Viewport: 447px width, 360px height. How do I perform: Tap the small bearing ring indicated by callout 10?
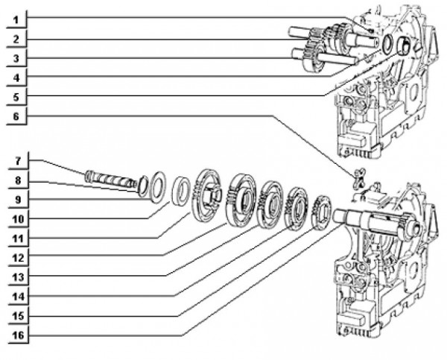click(x=180, y=189)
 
